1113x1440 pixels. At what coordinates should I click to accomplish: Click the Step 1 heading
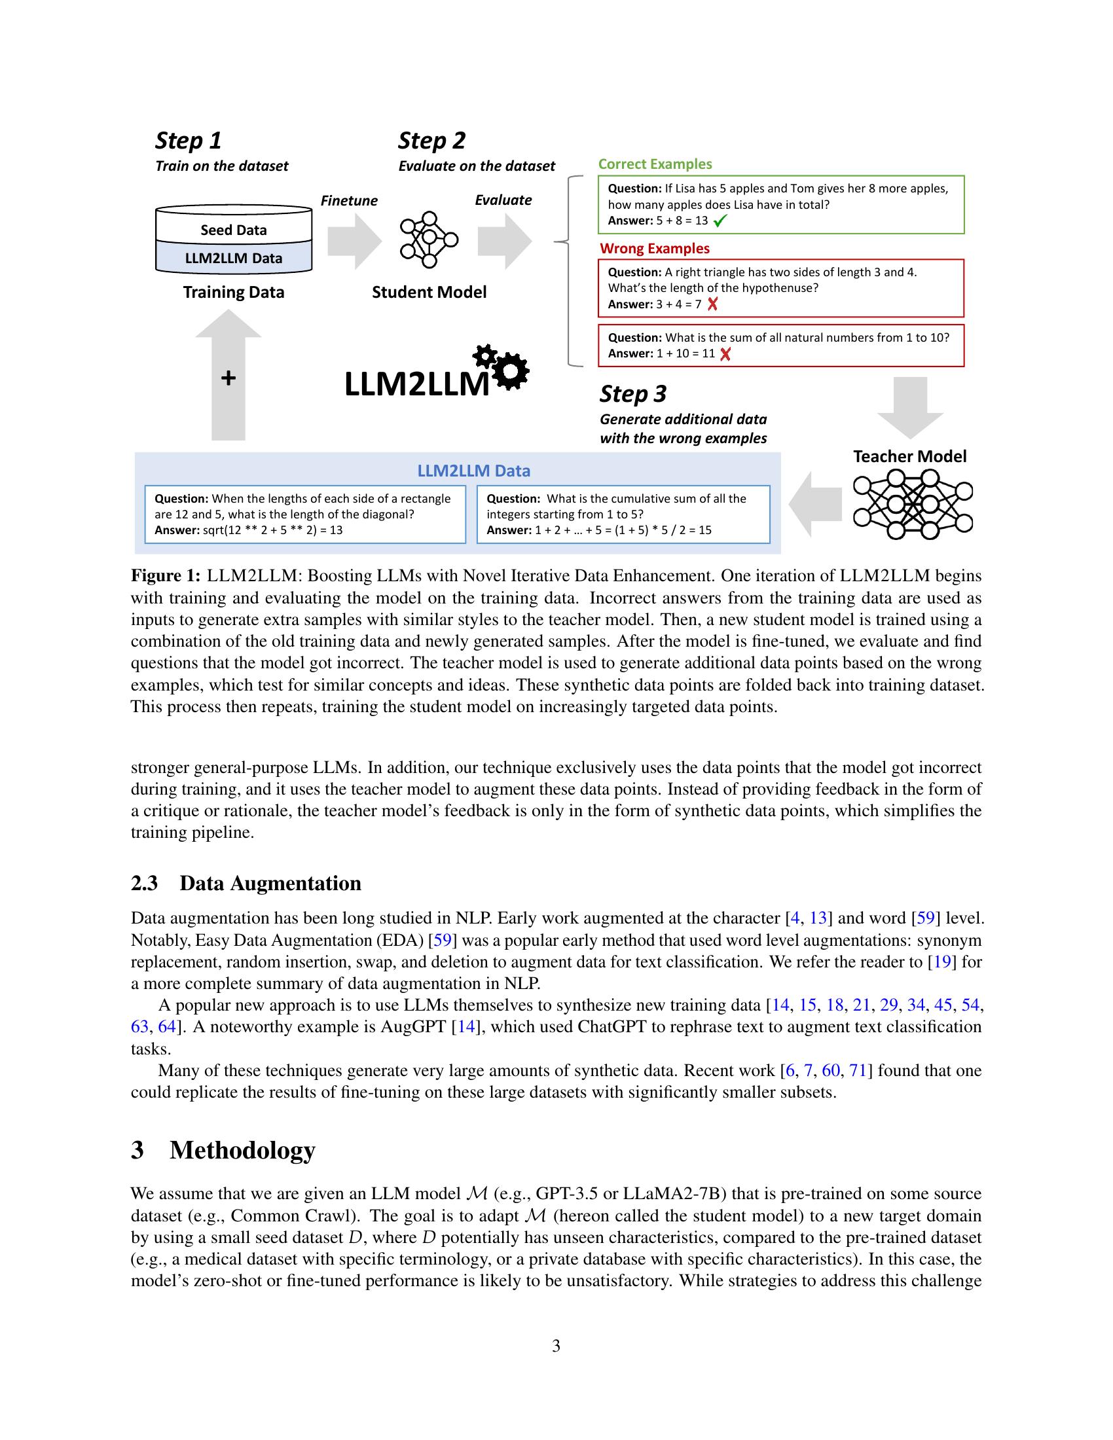188,141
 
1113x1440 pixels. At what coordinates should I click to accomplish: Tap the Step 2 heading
431,141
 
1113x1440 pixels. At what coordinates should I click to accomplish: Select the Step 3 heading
632,393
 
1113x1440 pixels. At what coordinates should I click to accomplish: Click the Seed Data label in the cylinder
234,230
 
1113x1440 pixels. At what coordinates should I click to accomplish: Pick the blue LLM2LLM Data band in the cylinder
234,259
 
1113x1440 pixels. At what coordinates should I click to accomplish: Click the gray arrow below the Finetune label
354,242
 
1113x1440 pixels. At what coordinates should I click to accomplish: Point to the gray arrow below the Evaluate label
504,242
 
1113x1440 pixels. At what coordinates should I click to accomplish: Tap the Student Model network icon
429,240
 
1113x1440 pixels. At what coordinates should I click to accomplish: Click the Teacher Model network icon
913,505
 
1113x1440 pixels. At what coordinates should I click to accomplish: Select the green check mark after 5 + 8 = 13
720,221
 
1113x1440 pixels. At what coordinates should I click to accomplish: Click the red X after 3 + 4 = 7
712,304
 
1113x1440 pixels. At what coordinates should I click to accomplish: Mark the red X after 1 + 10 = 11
725,354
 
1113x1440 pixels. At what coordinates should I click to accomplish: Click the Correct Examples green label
655,164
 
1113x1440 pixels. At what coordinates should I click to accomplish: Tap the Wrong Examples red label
654,249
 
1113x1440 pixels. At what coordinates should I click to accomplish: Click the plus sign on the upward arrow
228,378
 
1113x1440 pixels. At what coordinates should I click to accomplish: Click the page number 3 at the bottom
556,1346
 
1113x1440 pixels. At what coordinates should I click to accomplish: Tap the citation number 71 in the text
857,1070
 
